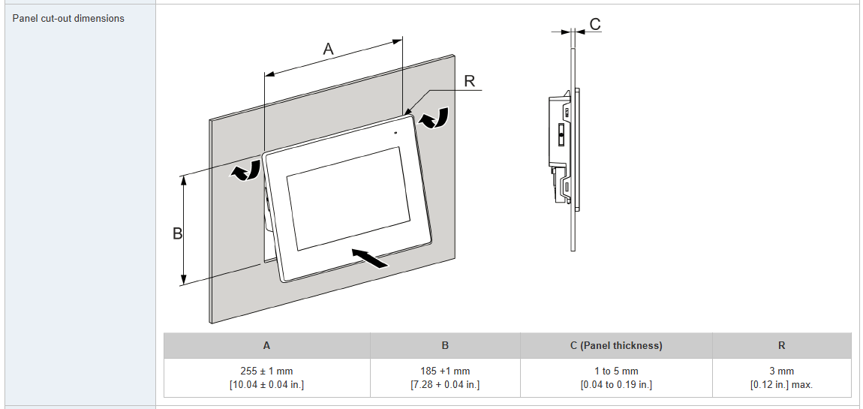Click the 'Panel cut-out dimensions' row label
click(x=68, y=18)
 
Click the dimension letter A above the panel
click(x=328, y=50)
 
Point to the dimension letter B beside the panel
click(x=178, y=233)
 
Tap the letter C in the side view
click(x=594, y=25)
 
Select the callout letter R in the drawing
click(x=470, y=81)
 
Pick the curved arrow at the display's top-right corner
click(x=435, y=118)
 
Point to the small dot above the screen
click(x=395, y=133)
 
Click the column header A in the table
click(x=266, y=346)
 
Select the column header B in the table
click(x=445, y=346)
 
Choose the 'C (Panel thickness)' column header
click(x=616, y=346)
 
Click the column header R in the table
click(x=781, y=346)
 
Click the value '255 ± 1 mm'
click(x=266, y=371)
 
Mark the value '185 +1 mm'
click(x=445, y=371)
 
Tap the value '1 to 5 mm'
click(x=616, y=371)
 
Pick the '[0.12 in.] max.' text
click(x=781, y=385)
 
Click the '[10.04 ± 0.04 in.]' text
click(x=266, y=385)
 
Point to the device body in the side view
click(x=560, y=143)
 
